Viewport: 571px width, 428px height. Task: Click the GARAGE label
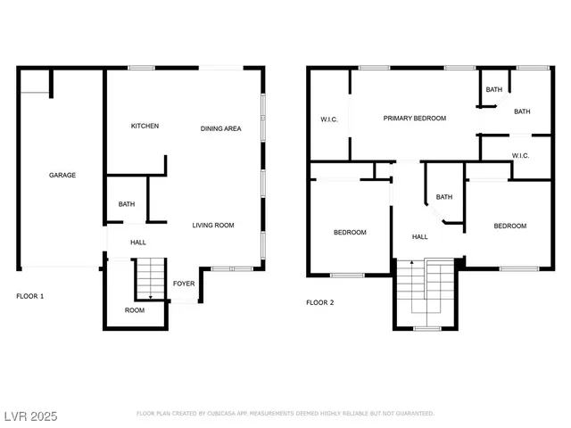tap(62, 176)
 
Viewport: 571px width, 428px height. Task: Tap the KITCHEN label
tap(145, 127)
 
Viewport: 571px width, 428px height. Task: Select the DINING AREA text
tap(220, 129)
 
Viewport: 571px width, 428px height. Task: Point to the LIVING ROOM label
tap(213, 226)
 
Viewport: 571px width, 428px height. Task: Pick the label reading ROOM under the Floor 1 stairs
tap(134, 310)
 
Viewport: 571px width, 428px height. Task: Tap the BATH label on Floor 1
tap(127, 205)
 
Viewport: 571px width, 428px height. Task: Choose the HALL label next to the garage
tap(138, 243)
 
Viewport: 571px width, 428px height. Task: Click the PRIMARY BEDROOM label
tap(415, 119)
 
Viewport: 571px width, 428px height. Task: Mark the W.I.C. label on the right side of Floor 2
tap(521, 156)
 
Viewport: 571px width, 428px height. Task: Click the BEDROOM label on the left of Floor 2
tap(350, 233)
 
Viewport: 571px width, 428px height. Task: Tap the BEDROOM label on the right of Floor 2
tap(510, 226)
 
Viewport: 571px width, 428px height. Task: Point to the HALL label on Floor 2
tap(419, 237)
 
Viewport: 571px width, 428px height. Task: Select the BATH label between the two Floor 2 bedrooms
tap(443, 198)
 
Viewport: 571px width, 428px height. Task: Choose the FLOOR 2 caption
tap(319, 302)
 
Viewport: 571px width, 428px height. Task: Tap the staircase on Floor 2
tap(426, 294)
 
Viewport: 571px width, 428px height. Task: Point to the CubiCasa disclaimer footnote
tap(285, 414)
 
